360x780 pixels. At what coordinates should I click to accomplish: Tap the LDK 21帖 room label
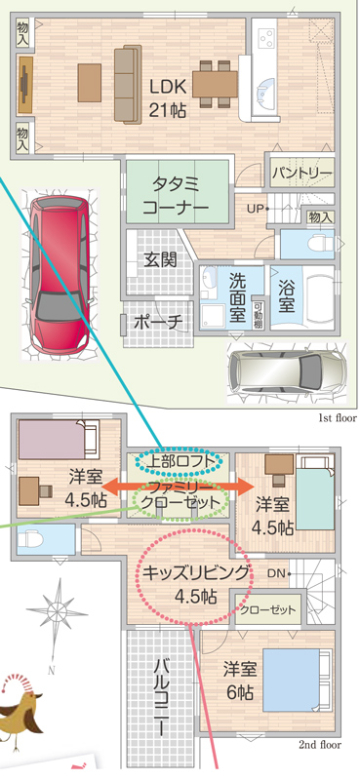(168, 98)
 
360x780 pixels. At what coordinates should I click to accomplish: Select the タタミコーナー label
(176, 196)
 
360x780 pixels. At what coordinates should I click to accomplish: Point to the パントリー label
(302, 174)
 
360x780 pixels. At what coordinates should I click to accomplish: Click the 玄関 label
(160, 258)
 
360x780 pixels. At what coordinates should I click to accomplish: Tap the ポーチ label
(157, 322)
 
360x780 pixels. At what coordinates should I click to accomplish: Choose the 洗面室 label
(237, 296)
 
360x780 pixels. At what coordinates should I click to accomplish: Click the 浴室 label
(286, 297)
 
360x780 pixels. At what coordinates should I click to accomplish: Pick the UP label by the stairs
(255, 209)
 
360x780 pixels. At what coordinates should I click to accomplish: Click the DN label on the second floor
(276, 573)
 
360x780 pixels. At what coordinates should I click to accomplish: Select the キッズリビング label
(195, 574)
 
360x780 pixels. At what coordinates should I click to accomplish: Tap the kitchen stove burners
(266, 37)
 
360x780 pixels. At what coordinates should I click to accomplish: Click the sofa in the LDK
(128, 84)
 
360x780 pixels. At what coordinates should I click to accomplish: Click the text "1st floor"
(338, 418)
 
